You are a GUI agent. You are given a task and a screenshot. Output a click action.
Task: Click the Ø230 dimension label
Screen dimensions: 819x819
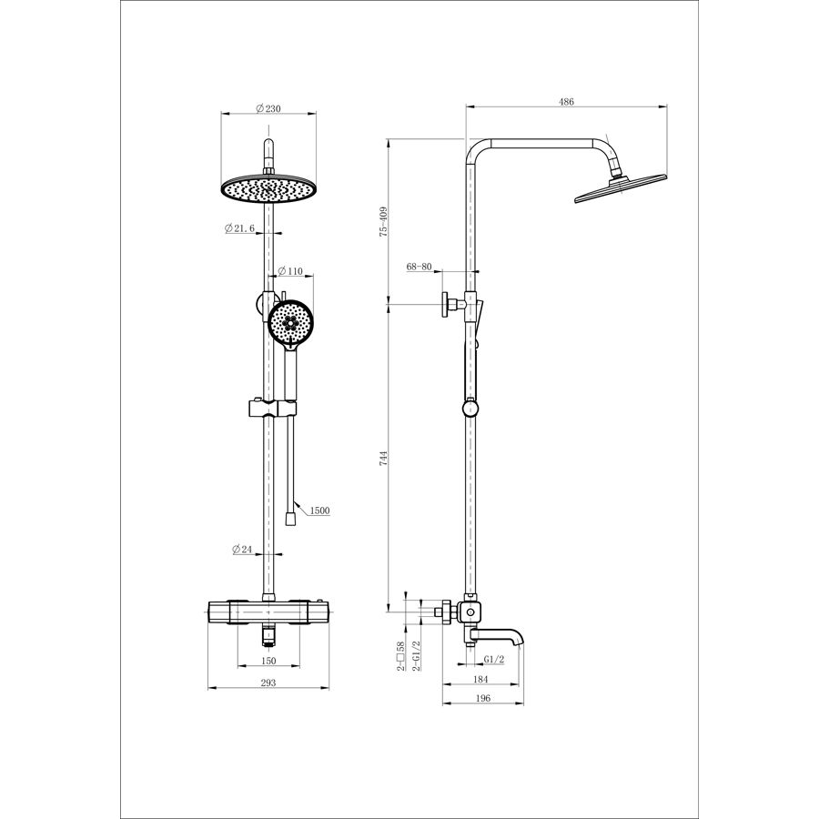268,108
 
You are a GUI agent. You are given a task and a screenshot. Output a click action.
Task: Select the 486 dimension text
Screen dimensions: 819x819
566,102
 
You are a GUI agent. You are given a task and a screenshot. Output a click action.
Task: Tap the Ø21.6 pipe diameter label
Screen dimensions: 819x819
239,228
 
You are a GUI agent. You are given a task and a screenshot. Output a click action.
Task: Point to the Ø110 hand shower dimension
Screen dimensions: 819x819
290,271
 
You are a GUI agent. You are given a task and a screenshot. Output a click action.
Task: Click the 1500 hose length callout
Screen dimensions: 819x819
319,511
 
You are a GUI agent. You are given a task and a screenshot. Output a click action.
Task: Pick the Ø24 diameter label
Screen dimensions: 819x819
242,549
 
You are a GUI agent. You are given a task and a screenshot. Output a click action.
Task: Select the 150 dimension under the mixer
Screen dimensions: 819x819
268,661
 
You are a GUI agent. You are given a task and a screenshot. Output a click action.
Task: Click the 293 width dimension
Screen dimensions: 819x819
268,682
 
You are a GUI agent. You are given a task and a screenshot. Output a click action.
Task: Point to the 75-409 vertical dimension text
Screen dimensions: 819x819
384,222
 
